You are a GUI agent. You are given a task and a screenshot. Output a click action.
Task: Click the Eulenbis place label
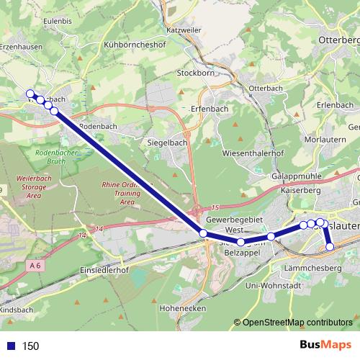[58, 22]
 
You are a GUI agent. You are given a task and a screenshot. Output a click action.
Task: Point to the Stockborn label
[197, 73]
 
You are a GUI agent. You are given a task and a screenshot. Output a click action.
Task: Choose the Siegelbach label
[167, 143]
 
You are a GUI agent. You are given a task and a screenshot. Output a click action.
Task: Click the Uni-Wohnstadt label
[273, 286]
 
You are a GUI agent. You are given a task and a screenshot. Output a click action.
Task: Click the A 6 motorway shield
[35, 266]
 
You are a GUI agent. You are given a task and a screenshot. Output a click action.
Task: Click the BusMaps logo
[325, 346]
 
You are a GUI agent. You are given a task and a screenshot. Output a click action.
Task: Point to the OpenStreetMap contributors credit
[295, 323]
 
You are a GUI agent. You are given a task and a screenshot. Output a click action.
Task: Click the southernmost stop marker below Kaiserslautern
[330, 247]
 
